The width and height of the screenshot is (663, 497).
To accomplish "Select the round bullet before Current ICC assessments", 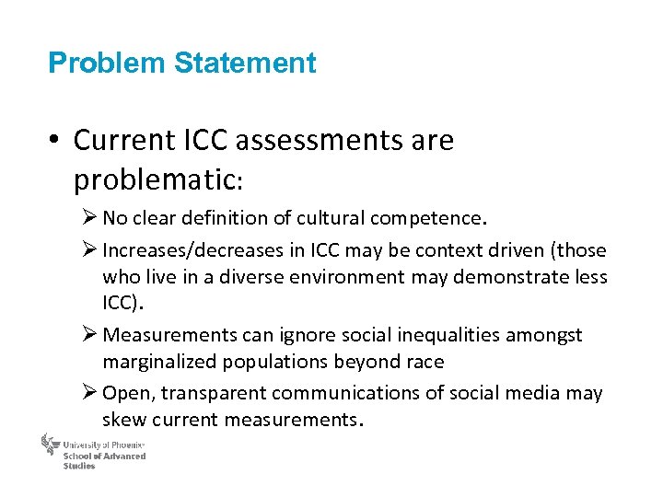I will pyautogui.click(x=58, y=141).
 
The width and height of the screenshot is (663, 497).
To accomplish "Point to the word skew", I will pyautogui.click(x=123, y=420).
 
